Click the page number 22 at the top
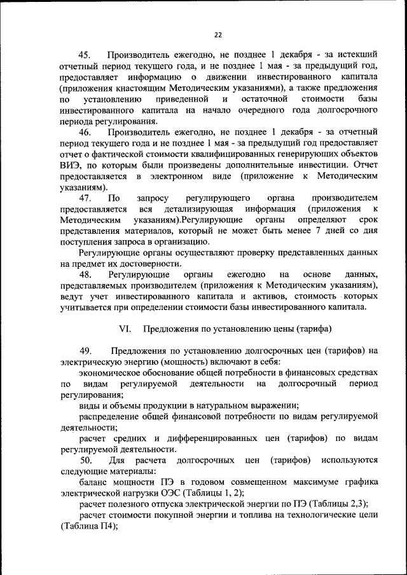pyautogui.click(x=218, y=34)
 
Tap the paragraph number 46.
pyautogui.click(x=85, y=132)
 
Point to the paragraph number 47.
pyautogui.click(x=85, y=198)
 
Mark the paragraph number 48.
pyautogui.click(x=85, y=274)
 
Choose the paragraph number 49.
pyautogui.click(x=85, y=351)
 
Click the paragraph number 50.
pyautogui.click(x=85, y=459)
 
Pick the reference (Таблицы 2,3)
pyautogui.click(x=323, y=503)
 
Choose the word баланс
pyautogui.click(x=94, y=482)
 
